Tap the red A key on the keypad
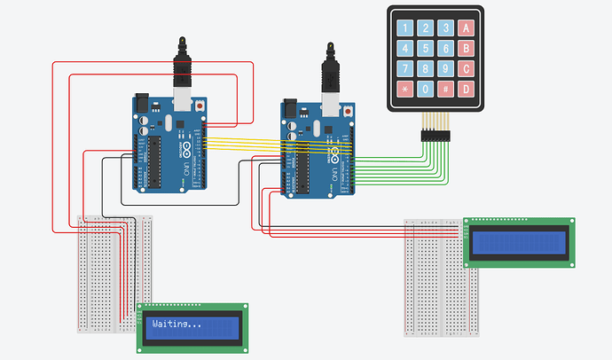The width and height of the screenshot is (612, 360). (467, 28)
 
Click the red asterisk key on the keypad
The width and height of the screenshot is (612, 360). (405, 89)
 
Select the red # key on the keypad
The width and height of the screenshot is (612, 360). (447, 89)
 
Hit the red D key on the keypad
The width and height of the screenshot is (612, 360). (467, 89)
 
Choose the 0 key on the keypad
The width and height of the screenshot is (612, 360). (427, 89)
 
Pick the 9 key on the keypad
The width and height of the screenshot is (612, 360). (447, 68)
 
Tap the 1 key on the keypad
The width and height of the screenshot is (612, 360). (405, 28)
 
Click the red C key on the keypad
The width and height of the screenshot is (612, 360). (467, 68)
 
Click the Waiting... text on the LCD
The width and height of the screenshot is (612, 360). (177, 325)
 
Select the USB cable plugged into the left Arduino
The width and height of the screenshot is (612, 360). (183, 71)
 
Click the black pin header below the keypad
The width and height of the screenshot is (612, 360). (435, 136)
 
